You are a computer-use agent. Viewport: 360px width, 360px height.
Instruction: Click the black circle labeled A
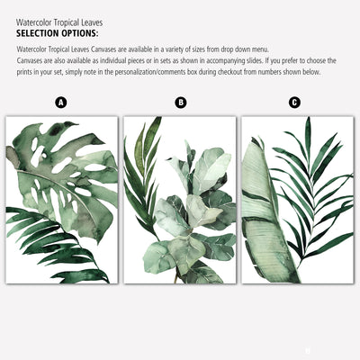pos(61,103)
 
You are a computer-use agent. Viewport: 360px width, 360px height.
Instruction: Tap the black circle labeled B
pos(181,103)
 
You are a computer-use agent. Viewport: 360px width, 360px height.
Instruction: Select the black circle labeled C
pos(294,103)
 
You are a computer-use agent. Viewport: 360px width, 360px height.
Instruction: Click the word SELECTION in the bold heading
pos(38,33)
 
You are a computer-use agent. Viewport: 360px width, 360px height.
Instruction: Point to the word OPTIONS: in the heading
pos(80,33)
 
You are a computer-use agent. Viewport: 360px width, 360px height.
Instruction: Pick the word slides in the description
pos(255,61)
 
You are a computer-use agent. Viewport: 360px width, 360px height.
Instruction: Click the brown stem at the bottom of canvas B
pos(176,276)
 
